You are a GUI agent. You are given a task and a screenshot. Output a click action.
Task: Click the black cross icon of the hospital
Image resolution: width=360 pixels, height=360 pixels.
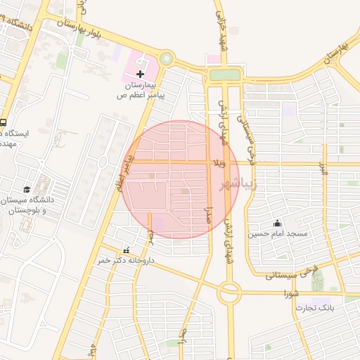pos(140,74)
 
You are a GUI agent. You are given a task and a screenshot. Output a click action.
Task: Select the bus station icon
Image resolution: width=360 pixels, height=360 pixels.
pos(4,122)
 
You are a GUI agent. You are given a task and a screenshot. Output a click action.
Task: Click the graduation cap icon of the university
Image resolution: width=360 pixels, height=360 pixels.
pos(27,189)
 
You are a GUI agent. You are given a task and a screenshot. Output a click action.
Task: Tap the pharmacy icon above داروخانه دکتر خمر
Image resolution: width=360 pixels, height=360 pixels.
pos(127,250)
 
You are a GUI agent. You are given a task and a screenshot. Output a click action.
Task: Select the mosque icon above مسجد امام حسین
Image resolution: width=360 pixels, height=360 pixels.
pos(277,223)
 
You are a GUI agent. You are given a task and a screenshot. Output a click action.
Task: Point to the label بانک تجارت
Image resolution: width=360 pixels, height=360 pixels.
pos(314,307)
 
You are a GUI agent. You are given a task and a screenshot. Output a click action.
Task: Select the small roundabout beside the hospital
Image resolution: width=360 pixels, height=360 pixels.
pos(167,60)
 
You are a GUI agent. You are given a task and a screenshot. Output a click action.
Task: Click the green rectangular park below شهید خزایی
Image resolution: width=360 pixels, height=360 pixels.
pos(225,75)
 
